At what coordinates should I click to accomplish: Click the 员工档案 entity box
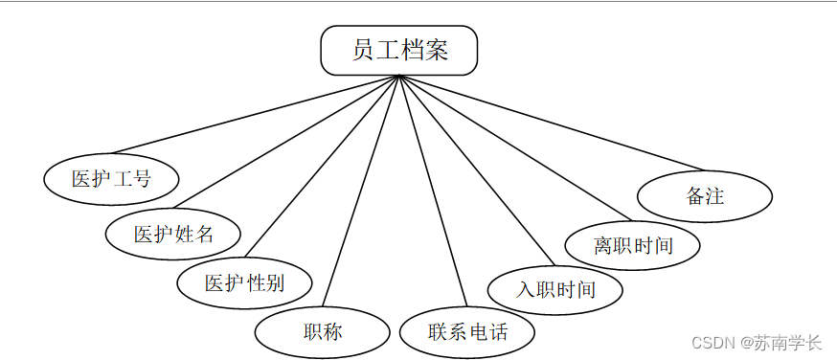398,50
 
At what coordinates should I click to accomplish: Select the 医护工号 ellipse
111,179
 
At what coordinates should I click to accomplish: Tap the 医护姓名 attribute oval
173,234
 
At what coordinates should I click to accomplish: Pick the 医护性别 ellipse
244,282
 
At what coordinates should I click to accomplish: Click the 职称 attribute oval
323,331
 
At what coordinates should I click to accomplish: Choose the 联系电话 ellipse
467,331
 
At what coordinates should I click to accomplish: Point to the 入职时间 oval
555,289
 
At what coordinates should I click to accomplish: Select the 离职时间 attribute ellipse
633,245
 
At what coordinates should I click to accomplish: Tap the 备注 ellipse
705,195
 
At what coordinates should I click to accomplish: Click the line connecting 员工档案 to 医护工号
256,114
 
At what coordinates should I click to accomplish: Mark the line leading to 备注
552,123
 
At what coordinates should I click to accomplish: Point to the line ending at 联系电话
433,191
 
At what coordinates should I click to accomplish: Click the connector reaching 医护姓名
286,142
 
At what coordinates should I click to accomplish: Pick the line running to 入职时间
477,170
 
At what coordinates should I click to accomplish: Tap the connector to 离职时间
515,147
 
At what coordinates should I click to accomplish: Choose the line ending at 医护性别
322,166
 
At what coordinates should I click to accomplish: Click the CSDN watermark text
757,342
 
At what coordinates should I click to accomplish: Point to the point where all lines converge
398,76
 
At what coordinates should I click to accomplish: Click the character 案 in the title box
436,50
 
